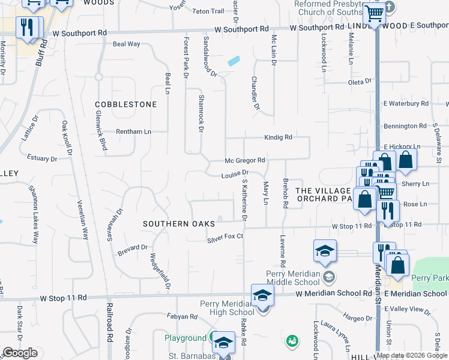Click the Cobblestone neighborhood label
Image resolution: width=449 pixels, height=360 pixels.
tap(125, 104)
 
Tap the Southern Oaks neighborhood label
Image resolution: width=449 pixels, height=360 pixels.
tap(178, 224)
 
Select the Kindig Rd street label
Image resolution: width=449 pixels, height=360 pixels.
tap(278, 137)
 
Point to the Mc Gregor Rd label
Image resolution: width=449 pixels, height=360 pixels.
tap(245, 160)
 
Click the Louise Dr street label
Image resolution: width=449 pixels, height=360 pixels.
tap(234, 175)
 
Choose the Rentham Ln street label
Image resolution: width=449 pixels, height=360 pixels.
tap(133, 131)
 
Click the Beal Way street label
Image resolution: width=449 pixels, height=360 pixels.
tap(126, 44)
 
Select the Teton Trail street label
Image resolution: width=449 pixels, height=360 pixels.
tap(208, 11)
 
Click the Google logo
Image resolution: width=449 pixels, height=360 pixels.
tap(19, 353)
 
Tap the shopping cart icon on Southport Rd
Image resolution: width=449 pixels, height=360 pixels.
tap(375, 13)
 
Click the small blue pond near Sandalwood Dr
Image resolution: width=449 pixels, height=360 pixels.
tap(233, 61)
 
